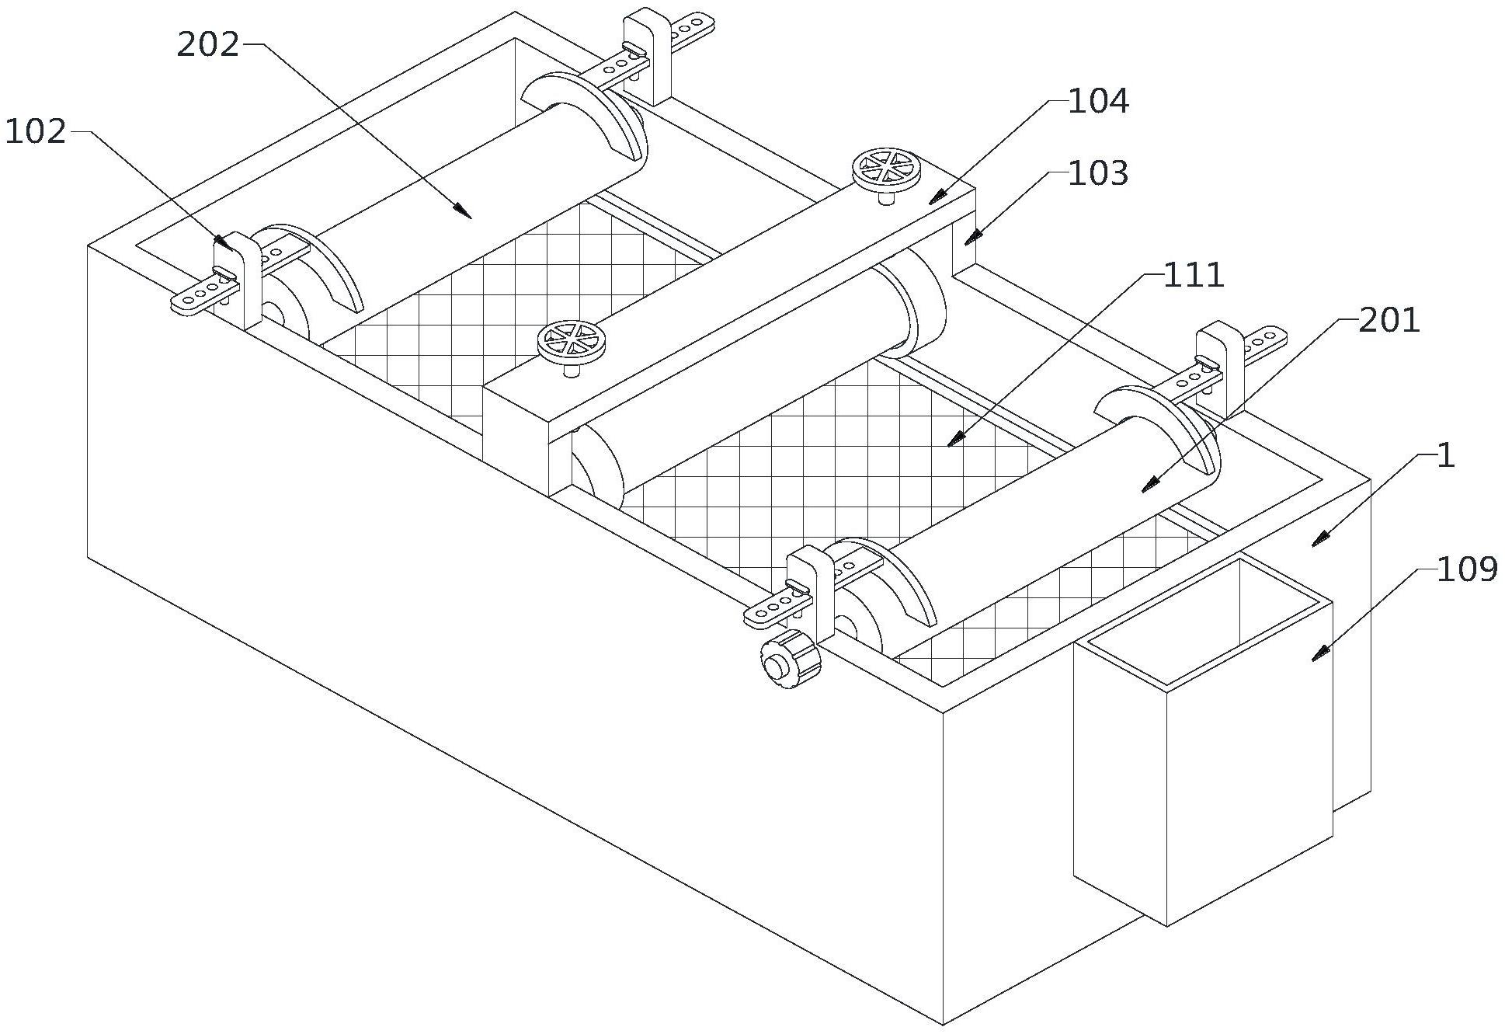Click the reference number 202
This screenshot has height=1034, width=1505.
pyautogui.click(x=208, y=46)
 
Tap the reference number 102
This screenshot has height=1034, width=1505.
pyautogui.click(x=36, y=133)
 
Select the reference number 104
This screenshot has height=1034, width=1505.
pyautogui.click(x=1098, y=102)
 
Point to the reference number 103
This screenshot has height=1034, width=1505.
pyautogui.click(x=1098, y=174)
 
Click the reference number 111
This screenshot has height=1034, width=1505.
pyautogui.click(x=1193, y=276)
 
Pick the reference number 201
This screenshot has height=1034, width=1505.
pyautogui.click(x=1389, y=320)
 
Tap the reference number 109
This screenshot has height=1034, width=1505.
pyautogui.click(x=1467, y=570)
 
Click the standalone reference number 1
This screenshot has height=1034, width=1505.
pyautogui.click(x=1445, y=457)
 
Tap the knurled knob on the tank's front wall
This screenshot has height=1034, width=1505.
pyautogui.click(x=790, y=660)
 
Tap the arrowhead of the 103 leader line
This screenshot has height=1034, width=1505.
pyautogui.click(x=968, y=242)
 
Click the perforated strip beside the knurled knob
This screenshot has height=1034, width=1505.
pyautogui.click(x=772, y=608)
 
